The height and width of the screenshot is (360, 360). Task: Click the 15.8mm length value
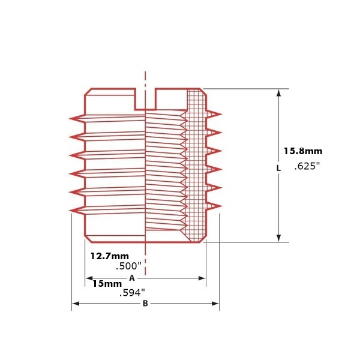click(303, 151)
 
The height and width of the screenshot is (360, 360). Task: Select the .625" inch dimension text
click(307, 166)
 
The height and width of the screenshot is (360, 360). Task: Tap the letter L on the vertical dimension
click(278, 168)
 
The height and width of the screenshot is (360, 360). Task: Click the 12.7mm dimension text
click(110, 256)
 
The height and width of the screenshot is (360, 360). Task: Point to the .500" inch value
click(128, 266)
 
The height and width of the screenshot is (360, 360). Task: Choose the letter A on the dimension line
click(132, 278)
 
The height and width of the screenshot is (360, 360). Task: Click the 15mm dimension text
click(107, 284)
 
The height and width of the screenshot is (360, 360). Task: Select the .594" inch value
click(133, 293)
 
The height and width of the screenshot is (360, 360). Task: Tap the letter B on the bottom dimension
click(145, 304)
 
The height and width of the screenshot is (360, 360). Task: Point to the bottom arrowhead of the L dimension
click(279, 238)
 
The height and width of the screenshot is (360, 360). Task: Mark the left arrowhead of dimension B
click(76, 304)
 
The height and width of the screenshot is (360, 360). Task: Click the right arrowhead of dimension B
click(215, 304)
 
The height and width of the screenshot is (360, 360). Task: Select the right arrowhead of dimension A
click(202, 278)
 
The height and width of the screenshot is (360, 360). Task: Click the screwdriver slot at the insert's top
click(145, 99)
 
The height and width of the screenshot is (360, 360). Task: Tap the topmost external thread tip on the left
click(70, 118)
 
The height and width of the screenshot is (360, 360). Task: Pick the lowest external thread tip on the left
click(70, 211)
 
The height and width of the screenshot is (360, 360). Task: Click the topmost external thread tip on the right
click(221, 114)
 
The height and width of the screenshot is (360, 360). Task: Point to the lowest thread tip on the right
click(221, 206)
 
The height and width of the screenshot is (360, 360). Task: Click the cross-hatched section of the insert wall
click(196, 166)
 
